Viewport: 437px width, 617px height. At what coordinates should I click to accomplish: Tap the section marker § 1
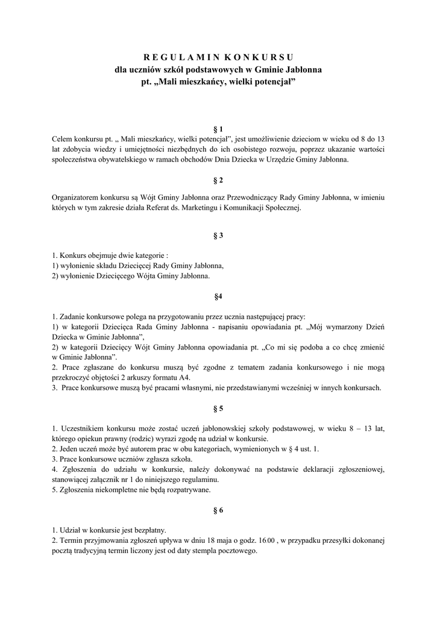pyautogui.click(x=218, y=129)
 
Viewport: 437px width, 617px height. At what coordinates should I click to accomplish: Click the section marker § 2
pyautogui.click(x=218, y=180)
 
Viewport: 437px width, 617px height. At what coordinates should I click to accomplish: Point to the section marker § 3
pyautogui.click(x=218, y=236)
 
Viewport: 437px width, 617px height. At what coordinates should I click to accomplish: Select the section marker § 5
pyautogui.click(x=218, y=409)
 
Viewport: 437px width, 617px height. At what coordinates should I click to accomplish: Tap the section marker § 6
pyautogui.click(x=218, y=510)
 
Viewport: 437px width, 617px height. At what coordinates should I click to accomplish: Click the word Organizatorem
pyautogui.click(x=75, y=197)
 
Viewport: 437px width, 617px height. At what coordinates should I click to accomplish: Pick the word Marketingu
pyautogui.click(x=212, y=207)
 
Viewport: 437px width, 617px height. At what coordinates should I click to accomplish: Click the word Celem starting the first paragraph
pyautogui.click(x=61, y=139)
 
